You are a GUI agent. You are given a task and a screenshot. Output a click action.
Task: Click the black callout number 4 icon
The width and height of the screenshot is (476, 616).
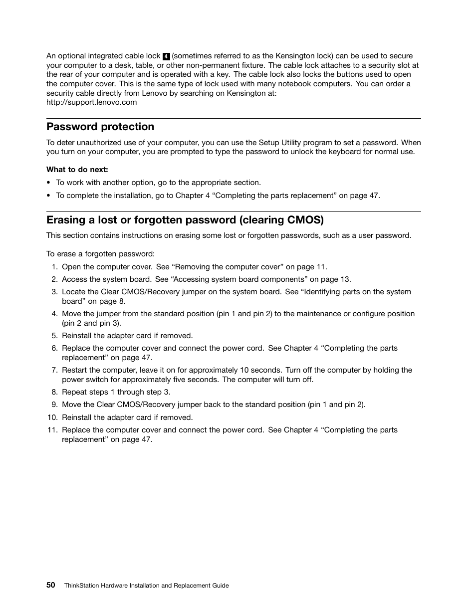[x=167, y=56]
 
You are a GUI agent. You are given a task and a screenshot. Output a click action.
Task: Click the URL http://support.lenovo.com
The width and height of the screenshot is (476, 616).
[x=91, y=102]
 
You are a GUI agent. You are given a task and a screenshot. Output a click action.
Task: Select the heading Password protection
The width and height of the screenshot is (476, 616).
[x=100, y=127]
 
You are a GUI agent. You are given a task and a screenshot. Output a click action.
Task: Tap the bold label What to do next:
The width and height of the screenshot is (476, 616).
[x=77, y=170]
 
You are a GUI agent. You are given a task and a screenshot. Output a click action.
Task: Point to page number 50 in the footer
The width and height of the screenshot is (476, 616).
[x=51, y=585]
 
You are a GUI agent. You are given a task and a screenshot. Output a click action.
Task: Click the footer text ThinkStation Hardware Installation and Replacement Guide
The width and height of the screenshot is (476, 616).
[x=146, y=586]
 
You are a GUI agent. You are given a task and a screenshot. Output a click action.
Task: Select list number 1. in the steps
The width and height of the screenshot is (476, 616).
[x=54, y=267]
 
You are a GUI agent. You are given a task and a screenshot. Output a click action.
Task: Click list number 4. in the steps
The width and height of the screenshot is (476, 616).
[x=54, y=314]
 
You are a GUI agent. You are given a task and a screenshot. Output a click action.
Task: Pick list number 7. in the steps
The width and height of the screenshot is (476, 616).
[x=54, y=370]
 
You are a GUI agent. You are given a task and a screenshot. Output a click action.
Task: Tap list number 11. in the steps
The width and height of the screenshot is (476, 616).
[x=53, y=430]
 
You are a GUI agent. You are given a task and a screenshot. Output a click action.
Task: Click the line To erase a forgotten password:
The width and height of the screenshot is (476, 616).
[x=100, y=254]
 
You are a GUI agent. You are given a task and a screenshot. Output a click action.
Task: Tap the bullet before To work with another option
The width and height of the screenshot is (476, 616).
[x=48, y=183]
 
